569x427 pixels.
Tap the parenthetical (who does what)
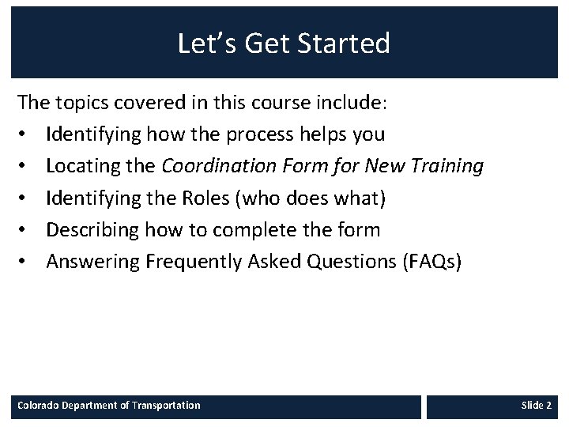point(309,198)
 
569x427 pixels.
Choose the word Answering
point(92,262)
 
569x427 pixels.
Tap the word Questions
point(339,262)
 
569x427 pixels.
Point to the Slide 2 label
point(536,406)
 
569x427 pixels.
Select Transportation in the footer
point(166,406)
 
